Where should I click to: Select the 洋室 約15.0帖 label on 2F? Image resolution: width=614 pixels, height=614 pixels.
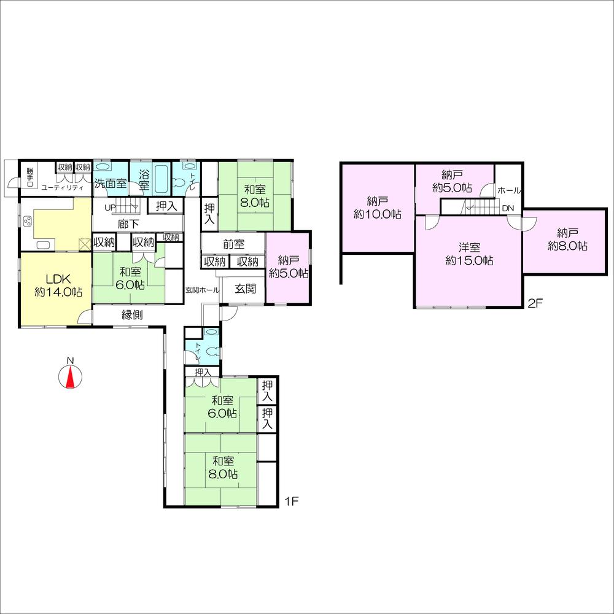(x=468, y=254)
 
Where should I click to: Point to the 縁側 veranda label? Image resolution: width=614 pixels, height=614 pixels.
(x=132, y=315)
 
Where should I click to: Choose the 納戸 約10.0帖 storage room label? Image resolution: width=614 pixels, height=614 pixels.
(x=377, y=208)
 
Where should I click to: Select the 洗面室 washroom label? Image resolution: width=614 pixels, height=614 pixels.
(x=111, y=183)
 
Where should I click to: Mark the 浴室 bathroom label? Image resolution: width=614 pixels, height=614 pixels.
(x=144, y=178)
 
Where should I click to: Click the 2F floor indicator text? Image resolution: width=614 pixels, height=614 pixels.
(x=535, y=303)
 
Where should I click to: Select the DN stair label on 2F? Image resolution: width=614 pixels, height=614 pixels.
(x=508, y=208)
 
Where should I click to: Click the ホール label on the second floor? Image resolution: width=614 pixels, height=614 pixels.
(x=510, y=190)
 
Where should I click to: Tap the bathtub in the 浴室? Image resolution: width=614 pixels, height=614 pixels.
(x=162, y=178)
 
